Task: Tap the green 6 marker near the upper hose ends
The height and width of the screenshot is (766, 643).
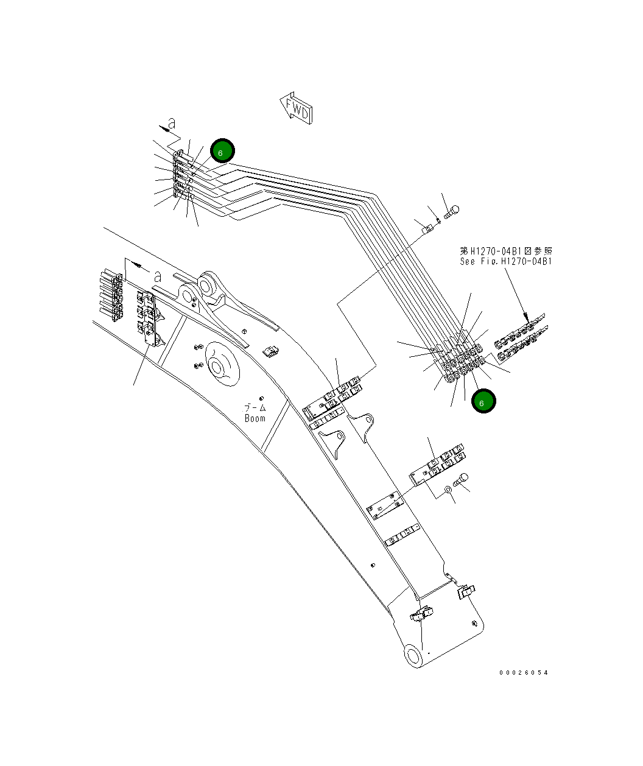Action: pos(222,151)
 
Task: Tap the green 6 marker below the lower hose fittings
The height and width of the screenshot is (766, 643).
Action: pos(483,401)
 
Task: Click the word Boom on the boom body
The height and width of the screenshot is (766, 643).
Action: pos(255,418)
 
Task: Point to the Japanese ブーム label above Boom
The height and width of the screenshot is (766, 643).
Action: pos(255,407)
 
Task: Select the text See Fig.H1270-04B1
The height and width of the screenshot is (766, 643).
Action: pos(506,261)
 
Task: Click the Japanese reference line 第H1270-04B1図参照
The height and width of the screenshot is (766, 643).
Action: pos(506,250)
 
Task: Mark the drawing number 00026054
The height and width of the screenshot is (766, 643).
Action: pos(523,672)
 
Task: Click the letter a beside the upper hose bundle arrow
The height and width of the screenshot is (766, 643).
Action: pos(172,123)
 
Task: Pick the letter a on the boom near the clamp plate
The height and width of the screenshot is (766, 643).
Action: pos(157,276)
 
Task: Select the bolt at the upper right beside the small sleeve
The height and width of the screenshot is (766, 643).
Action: pos(452,211)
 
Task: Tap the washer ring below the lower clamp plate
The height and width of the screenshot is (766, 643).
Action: pos(448,488)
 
